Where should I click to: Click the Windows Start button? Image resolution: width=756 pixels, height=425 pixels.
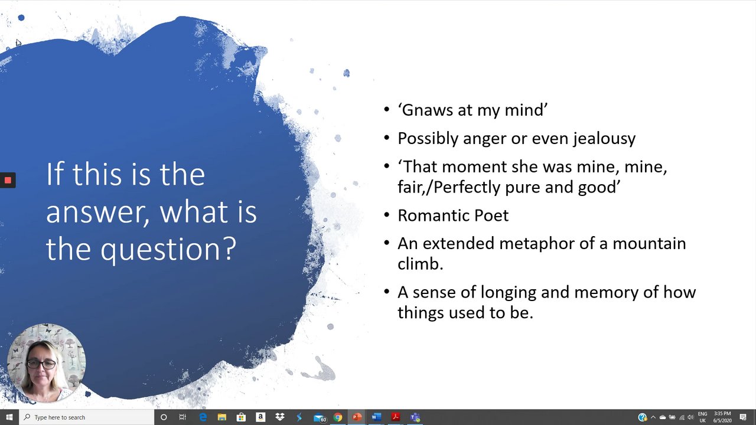point(9,417)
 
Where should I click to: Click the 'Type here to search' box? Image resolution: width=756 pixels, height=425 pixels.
point(86,417)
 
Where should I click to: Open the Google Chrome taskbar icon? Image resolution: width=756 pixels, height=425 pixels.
point(337,417)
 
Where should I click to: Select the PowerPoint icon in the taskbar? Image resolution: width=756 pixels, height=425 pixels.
point(357,417)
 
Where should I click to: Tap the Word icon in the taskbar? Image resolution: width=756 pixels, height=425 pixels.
point(376,417)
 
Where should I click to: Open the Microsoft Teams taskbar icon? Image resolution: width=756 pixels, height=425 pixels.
point(415,417)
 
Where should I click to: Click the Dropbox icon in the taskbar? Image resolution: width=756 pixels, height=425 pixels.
point(279,417)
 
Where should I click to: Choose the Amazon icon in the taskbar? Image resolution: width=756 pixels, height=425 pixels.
point(260,417)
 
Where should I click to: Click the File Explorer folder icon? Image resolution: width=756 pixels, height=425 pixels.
point(221,417)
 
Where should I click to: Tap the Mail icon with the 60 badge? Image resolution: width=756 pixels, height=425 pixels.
point(320,418)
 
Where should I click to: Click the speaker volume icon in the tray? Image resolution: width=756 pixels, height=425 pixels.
point(691,417)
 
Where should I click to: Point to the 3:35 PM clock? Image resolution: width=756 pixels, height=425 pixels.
point(722,414)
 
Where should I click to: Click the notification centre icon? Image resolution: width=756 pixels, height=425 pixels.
point(743,417)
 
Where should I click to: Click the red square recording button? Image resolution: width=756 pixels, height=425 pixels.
point(8,180)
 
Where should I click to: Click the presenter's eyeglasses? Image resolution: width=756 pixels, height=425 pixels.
point(41,364)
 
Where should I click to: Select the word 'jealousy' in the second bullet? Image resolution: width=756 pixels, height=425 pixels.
point(604,139)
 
